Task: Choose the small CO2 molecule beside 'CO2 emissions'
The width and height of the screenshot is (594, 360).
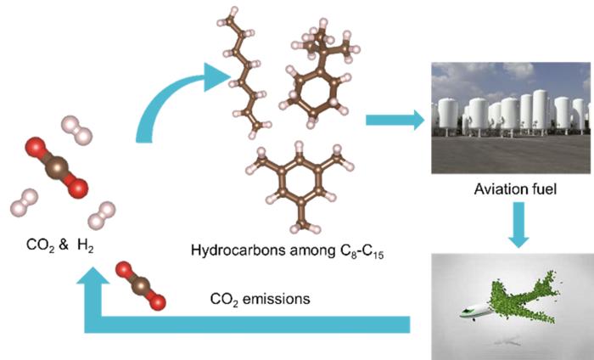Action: coord(140,285)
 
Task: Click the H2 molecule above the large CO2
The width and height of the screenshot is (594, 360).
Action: coord(76,131)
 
